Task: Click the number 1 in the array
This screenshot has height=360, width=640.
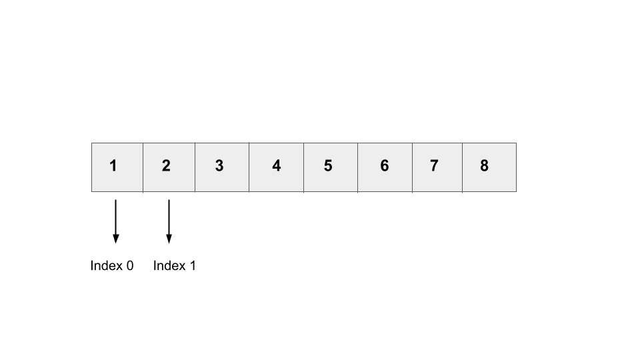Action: [x=113, y=166]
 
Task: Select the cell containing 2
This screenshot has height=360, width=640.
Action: [x=169, y=167]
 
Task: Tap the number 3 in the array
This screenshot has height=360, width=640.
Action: [x=219, y=166]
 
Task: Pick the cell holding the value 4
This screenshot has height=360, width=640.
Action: [x=276, y=167]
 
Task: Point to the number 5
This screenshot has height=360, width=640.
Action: [x=328, y=166]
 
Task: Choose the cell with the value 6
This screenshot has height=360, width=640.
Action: [x=385, y=167]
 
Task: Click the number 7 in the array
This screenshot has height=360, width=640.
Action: [x=434, y=166]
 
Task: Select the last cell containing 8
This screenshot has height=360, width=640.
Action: [x=489, y=167]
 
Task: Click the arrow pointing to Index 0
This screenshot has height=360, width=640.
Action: [x=116, y=221]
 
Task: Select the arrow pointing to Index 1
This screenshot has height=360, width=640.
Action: [x=169, y=221]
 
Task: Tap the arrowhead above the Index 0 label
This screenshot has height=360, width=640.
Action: [x=116, y=239]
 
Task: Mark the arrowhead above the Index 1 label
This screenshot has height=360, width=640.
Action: [x=169, y=239]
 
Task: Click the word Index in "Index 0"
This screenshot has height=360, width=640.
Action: [x=106, y=266]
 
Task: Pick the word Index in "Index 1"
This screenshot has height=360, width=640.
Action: [x=169, y=266]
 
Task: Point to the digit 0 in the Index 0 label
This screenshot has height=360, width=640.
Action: [x=130, y=266]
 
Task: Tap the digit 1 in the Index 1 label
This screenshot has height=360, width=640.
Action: [x=193, y=266]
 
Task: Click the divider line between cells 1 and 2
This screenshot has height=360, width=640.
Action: [x=143, y=167]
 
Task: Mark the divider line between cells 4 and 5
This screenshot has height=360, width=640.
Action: [x=304, y=167]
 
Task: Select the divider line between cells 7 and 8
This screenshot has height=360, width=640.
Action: [x=463, y=167]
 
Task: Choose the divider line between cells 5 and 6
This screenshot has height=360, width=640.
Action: [x=357, y=167]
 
